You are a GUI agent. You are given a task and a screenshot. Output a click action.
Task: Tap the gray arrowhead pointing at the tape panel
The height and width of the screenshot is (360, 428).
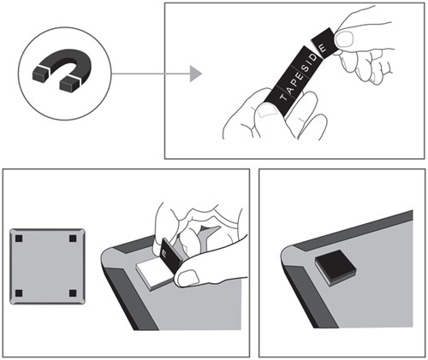[196, 74]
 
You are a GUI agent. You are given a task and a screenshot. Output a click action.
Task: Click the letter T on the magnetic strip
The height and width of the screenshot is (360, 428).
[283, 97]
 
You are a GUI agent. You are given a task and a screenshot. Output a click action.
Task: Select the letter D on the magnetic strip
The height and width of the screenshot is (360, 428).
[313, 58]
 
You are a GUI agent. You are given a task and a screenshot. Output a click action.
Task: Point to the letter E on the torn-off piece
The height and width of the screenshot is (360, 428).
[322, 48]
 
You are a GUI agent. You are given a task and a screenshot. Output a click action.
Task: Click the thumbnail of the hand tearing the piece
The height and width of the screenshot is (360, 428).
[344, 38]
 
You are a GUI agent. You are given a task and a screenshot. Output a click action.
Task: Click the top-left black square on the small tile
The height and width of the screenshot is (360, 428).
[19, 238]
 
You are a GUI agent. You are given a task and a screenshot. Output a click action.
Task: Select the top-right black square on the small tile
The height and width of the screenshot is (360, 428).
[73, 238]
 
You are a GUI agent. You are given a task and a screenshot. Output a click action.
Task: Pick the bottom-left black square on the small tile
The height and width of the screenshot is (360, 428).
[19, 292]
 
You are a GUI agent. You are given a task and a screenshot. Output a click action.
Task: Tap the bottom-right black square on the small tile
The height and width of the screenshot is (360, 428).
[73, 292]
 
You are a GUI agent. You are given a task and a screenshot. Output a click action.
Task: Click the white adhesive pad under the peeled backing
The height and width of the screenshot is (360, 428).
[152, 274]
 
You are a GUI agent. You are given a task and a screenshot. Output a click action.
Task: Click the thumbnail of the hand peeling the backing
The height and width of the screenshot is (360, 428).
[187, 278]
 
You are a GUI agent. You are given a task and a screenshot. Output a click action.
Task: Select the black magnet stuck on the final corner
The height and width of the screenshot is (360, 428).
[336, 268]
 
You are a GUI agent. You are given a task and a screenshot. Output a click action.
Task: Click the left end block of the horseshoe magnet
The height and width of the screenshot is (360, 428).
[41, 73]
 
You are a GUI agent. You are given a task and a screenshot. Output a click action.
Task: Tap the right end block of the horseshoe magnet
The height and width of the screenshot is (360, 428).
[69, 84]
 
